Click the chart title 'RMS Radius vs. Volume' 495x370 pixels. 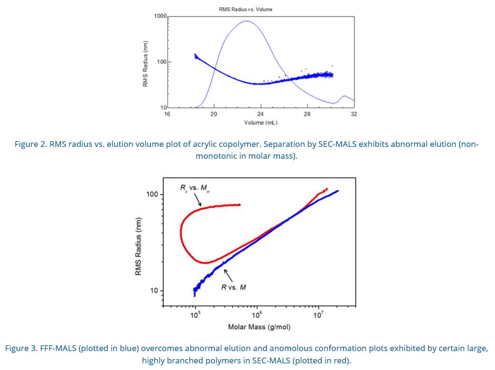(246, 9)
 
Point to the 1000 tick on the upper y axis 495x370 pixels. (160, 16)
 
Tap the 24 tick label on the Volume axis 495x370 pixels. (260, 114)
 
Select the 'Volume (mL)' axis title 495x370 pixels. (261, 122)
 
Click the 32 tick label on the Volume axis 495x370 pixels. (354, 114)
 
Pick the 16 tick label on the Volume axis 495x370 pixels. (167, 114)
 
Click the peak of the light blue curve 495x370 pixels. (247, 21)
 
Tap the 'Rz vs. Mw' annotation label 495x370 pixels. (195, 188)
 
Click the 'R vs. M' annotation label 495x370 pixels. (234, 287)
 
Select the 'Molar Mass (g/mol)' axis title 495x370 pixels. (259, 327)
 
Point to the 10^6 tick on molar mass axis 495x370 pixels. (256, 315)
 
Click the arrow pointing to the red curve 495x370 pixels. (198, 200)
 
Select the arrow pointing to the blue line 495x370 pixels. (228, 274)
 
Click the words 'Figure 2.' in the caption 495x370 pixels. (30, 144)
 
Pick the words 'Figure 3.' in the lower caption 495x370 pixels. (21, 348)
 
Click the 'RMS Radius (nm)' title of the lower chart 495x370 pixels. (138, 246)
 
